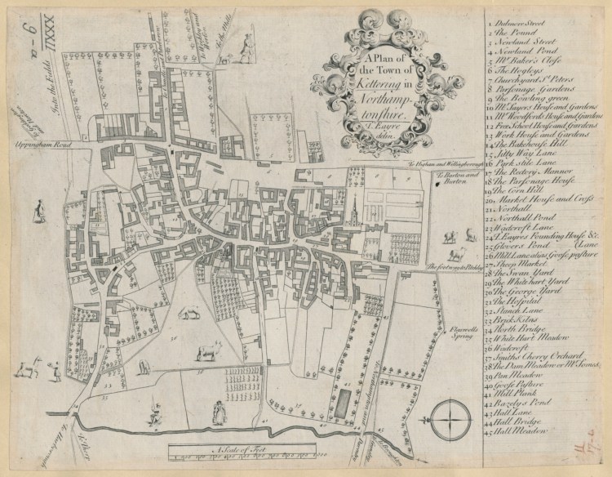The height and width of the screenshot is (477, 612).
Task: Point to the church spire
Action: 357,200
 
